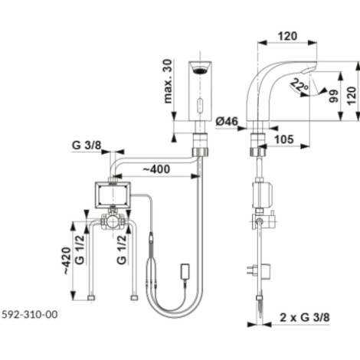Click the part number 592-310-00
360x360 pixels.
pyautogui.click(x=30, y=314)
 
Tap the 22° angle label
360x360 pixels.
pyautogui.click(x=299, y=86)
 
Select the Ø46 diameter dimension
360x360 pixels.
pyautogui.click(x=227, y=121)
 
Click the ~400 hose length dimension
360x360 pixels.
pyautogui.click(x=156, y=169)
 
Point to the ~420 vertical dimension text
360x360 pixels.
pyautogui.click(x=67, y=260)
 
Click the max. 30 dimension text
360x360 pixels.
pyautogui.click(x=168, y=81)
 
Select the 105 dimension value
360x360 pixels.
pyautogui.click(x=284, y=139)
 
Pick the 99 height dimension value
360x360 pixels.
pyautogui.click(x=333, y=96)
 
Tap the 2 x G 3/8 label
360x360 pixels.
pyautogui.click(x=305, y=318)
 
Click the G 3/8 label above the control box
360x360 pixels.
pyautogui.click(x=87, y=146)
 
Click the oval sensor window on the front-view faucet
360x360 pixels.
pyautogui.click(x=201, y=105)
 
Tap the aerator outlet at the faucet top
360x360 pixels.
pyautogui.click(x=201, y=69)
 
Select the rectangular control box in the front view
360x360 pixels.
pyautogui.click(x=113, y=195)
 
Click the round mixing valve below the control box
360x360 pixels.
pyautogui.click(x=112, y=221)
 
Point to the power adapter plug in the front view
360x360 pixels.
pyautogui.click(x=185, y=272)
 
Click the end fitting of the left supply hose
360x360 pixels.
pyautogui.click(x=91, y=298)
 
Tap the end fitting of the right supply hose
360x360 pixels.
pyautogui.click(x=134, y=298)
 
